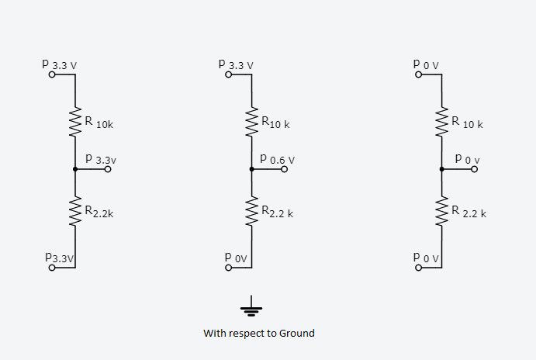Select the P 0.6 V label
(x=278, y=158)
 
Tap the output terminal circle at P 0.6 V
(x=284, y=168)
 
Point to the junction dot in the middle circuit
(x=251, y=168)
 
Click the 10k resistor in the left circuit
(x=75, y=122)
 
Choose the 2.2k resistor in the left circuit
(x=75, y=209)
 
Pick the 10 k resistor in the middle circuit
(x=251, y=122)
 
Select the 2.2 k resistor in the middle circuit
(x=251, y=209)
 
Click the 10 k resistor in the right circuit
(x=442, y=122)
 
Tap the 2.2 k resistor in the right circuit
(x=442, y=209)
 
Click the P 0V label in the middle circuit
(x=236, y=255)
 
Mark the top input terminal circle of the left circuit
(x=52, y=75)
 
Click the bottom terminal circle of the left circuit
(x=52, y=268)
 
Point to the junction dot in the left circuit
(x=75, y=168)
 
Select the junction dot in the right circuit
(x=442, y=168)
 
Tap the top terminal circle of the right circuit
(x=419, y=75)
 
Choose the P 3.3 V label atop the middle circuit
(x=237, y=64)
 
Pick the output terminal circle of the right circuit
(x=475, y=168)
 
